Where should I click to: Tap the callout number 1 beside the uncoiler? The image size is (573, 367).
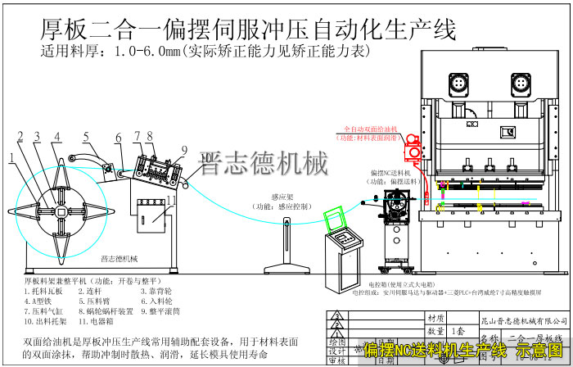14,155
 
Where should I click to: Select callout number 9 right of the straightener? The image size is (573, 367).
184,150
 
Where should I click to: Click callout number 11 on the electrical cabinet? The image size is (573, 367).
171,199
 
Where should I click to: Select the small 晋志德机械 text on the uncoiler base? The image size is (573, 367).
120,258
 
